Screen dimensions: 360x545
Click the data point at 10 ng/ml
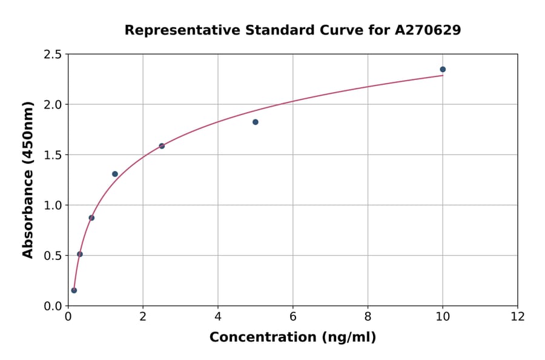443,70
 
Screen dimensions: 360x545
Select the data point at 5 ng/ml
256,122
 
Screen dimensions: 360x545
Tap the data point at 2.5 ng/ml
162,146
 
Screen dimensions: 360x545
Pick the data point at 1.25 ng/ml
115,174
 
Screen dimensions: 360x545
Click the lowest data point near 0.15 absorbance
74,290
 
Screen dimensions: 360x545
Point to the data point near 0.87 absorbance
91,218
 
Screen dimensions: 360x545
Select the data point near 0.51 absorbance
80,254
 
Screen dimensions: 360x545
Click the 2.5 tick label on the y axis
53,55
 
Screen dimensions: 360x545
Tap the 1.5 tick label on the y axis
53,155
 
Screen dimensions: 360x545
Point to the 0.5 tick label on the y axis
53,256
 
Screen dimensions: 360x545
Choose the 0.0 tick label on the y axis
53,306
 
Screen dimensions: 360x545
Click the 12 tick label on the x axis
518,317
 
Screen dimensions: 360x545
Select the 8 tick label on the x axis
368,317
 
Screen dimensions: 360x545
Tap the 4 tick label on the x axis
218,317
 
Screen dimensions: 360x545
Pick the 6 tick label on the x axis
293,317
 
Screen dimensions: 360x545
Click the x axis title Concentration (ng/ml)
292,338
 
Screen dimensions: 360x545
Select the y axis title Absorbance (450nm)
28,179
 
